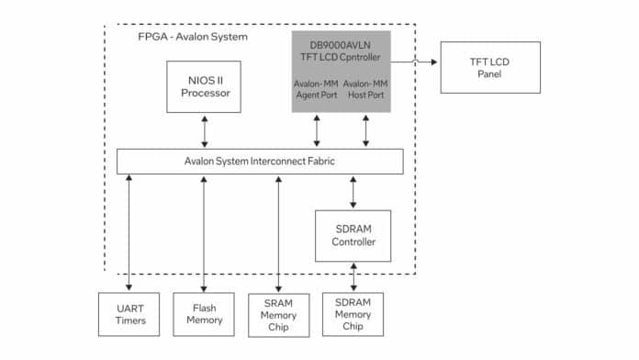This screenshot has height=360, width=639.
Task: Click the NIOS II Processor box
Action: point(204,88)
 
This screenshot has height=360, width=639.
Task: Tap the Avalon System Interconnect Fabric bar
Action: point(260,161)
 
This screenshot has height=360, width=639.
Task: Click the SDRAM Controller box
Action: point(353,235)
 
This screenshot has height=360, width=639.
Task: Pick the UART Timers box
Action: point(129,314)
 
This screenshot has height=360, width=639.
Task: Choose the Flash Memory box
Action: point(204,314)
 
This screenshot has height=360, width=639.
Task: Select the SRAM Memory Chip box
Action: point(277,314)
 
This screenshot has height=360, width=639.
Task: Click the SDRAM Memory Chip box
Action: point(353,314)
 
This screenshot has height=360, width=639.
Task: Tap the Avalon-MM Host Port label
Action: point(366,90)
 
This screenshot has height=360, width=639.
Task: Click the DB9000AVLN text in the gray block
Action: point(342,42)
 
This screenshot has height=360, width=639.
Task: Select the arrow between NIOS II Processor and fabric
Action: point(204,131)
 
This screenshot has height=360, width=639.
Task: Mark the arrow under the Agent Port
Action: point(318,130)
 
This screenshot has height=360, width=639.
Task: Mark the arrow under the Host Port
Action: point(366,130)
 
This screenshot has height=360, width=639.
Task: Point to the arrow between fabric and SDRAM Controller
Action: point(353,191)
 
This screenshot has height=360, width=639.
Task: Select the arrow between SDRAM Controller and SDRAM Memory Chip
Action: point(353,276)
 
